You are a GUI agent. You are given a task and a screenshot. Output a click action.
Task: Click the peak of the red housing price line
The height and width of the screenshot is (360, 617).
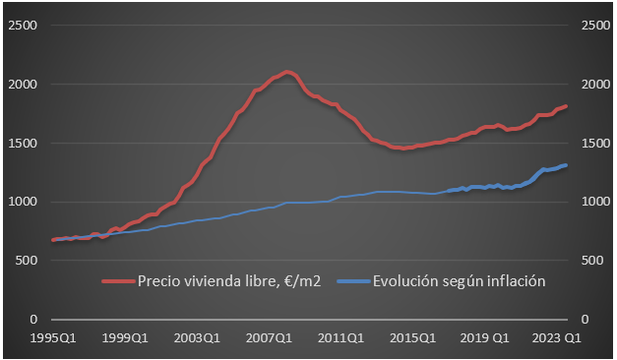(x=286, y=72)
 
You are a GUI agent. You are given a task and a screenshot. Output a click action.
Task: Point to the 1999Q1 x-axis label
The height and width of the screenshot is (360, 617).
(x=124, y=337)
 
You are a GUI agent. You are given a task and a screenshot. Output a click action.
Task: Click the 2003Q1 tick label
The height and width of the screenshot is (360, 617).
(x=197, y=337)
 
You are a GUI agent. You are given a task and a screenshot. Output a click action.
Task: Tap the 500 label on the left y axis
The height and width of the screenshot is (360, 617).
(x=27, y=261)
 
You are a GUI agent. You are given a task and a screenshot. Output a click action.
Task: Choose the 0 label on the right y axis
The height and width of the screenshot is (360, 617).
(x=586, y=320)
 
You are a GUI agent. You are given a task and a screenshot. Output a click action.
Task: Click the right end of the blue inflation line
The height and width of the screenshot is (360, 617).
(x=566, y=165)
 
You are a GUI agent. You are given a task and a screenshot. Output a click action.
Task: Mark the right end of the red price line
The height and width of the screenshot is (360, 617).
(x=566, y=105)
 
